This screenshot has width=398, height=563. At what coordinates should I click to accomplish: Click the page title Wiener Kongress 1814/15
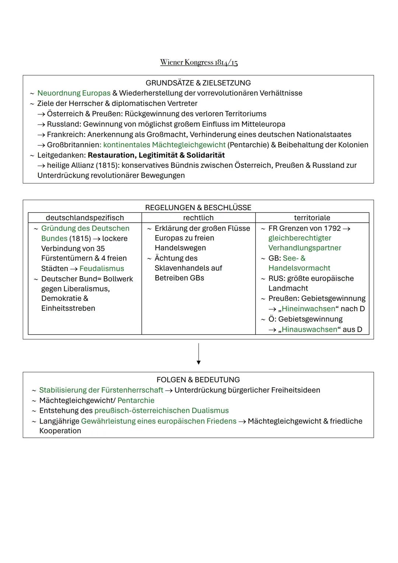(x=199, y=62)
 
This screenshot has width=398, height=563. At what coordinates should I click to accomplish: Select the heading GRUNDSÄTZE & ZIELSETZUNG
(x=198, y=83)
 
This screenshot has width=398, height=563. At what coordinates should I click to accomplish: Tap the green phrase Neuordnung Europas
(x=74, y=93)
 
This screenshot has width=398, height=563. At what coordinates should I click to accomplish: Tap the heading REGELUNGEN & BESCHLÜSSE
(x=198, y=208)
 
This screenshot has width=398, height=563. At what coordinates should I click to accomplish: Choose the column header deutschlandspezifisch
(x=85, y=218)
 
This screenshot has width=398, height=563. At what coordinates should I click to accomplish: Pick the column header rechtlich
(x=198, y=218)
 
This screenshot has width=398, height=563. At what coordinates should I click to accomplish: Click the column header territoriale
(x=312, y=218)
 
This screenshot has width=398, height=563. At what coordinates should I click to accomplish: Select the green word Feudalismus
(x=102, y=269)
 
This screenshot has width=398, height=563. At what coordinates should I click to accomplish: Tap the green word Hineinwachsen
(x=308, y=309)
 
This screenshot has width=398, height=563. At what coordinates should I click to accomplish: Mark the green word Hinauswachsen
(x=310, y=330)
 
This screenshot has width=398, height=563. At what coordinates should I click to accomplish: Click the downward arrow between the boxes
(x=199, y=354)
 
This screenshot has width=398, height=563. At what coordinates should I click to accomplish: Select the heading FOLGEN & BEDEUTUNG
(x=198, y=380)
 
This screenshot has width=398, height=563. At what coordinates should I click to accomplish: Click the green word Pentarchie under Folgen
(x=136, y=400)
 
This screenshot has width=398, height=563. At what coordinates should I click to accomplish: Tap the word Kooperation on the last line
(x=60, y=431)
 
